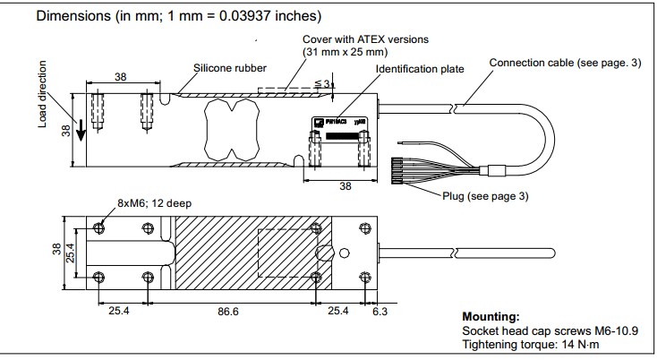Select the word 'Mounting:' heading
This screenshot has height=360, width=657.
pyautogui.click(x=491, y=317)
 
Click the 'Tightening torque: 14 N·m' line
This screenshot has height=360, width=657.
pyautogui.click(x=531, y=344)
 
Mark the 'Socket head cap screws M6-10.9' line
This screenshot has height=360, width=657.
pyautogui.click(x=549, y=331)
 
